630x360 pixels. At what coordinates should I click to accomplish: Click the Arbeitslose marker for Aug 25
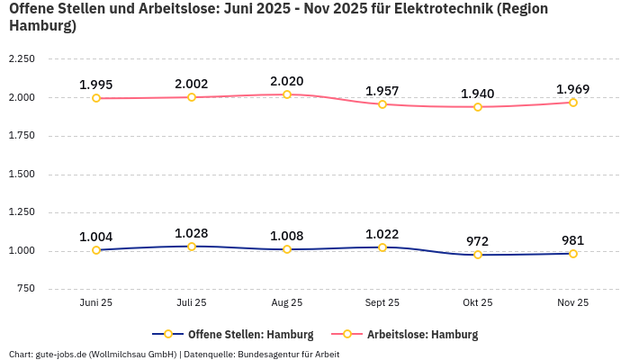[287, 94]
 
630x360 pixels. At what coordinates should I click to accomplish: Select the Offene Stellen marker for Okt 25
[478, 255]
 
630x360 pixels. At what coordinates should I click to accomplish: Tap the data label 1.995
[96, 85]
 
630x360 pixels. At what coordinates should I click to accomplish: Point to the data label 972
[478, 241]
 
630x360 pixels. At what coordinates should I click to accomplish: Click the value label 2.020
[287, 81]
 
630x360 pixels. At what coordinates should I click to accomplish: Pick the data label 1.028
[192, 233]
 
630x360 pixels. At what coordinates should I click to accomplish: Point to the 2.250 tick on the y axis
[22, 59]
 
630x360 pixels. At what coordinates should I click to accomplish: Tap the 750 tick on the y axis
[25, 289]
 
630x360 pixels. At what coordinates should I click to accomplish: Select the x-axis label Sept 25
[382, 303]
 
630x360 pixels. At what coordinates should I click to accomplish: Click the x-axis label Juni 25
[96, 303]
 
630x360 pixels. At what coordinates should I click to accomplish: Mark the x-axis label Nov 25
[573, 303]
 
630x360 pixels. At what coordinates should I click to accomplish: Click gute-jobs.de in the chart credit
[59, 354]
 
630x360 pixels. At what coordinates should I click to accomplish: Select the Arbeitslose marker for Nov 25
[573, 103]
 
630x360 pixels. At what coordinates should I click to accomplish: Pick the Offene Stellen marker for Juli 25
[192, 247]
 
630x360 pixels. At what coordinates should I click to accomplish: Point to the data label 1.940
[478, 94]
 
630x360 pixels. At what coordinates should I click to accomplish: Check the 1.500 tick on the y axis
[22, 174]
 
